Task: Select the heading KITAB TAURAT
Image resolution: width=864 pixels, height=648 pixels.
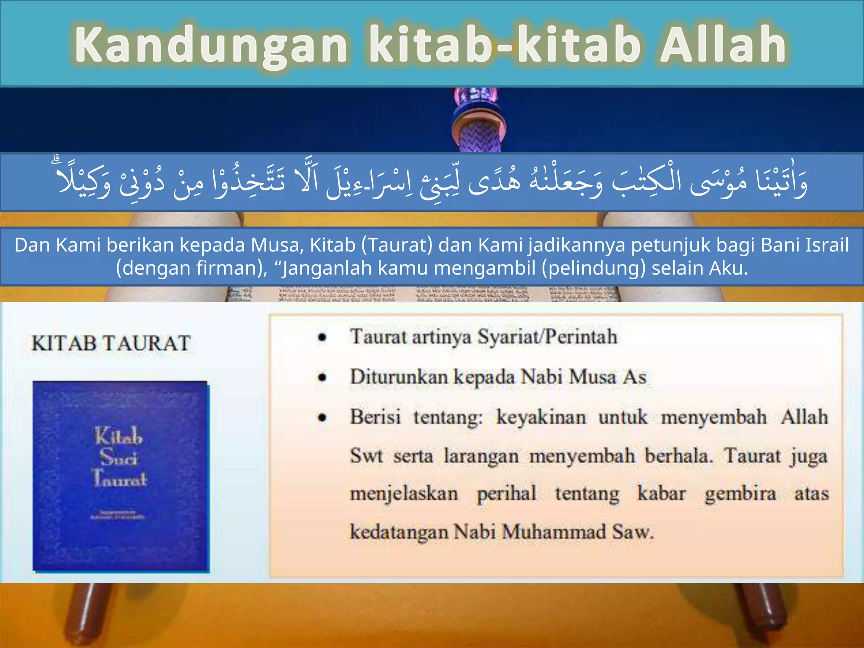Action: [111, 343]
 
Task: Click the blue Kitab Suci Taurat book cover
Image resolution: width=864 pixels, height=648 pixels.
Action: [121, 477]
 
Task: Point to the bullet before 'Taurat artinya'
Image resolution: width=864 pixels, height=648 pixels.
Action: [323, 337]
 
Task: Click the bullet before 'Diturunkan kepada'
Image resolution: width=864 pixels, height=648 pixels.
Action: [323, 377]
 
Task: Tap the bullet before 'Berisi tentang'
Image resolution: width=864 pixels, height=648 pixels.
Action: [323, 418]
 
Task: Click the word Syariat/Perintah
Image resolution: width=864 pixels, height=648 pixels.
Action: [547, 337]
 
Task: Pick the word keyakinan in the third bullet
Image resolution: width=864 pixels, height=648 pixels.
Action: [541, 417]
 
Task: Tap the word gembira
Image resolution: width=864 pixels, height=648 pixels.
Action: [740, 494]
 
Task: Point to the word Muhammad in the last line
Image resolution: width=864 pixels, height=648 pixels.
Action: [554, 532]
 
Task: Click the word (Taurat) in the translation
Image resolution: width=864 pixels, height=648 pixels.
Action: [397, 245]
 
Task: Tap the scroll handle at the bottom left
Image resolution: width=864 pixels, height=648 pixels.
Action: [86, 616]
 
